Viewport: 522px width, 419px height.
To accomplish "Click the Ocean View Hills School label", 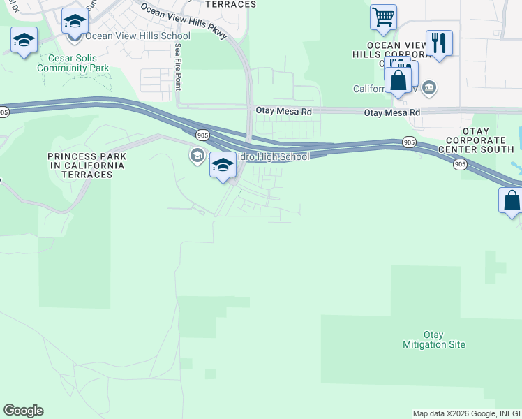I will pyautogui.click(x=137, y=36).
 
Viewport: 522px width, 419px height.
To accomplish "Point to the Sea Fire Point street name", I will pyautogui.click(x=178, y=66).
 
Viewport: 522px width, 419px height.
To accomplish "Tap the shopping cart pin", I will pyautogui.click(x=383, y=17).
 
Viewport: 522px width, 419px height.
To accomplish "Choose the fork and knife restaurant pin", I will pyautogui.click(x=439, y=42).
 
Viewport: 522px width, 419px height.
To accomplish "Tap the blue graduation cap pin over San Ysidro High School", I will pyautogui.click(x=223, y=166).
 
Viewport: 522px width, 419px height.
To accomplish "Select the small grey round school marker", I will pyautogui.click(x=197, y=155).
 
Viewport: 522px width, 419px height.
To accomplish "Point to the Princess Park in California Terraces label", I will pyautogui.click(x=87, y=166).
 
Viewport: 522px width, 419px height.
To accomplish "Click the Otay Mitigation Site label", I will pyautogui.click(x=434, y=339).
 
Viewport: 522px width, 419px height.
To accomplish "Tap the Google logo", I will pyautogui.click(x=23, y=411).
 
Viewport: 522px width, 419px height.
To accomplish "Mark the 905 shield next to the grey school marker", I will pyautogui.click(x=202, y=135).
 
